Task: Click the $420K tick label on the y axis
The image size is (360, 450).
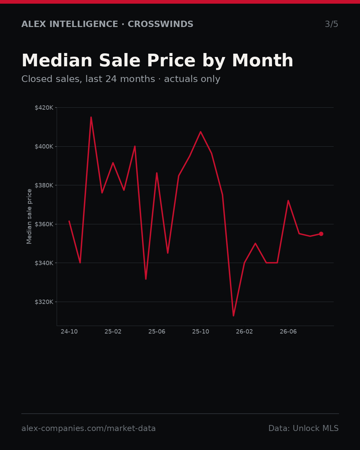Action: (x=44, y=108)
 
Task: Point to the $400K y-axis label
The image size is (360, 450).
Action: (x=44, y=147)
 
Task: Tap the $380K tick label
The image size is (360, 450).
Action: (x=44, y=185)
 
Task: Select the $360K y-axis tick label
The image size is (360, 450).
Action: (x=44, y=224)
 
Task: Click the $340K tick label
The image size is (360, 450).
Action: (x=44, y=263)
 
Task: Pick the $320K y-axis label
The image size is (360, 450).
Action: (x=44, y=302)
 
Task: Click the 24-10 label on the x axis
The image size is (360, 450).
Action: (x=69, y=332)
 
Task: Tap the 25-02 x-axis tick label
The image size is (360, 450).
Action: (x=113, y=332)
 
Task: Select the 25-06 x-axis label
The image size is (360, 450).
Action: (x=157, y=332)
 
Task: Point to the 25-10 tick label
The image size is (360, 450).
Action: (x=201, y=332)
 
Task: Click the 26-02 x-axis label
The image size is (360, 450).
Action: (x=244, y=332)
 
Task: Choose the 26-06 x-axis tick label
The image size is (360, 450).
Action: (x=288, y=332)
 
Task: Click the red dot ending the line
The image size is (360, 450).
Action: (x=321, y=234)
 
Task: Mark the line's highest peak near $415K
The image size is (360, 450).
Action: (x=91, y=117)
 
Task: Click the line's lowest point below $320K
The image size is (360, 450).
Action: (x=233, y=316)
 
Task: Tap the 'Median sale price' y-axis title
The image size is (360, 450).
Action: (x=29, y=216)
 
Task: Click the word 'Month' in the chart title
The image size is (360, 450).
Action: (x=263, y=61)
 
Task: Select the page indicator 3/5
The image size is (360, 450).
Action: (x=332, y=24)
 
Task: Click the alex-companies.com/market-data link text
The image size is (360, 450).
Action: (x=88, y=428)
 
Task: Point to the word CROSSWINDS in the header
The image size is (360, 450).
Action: (x=160, y=24)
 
